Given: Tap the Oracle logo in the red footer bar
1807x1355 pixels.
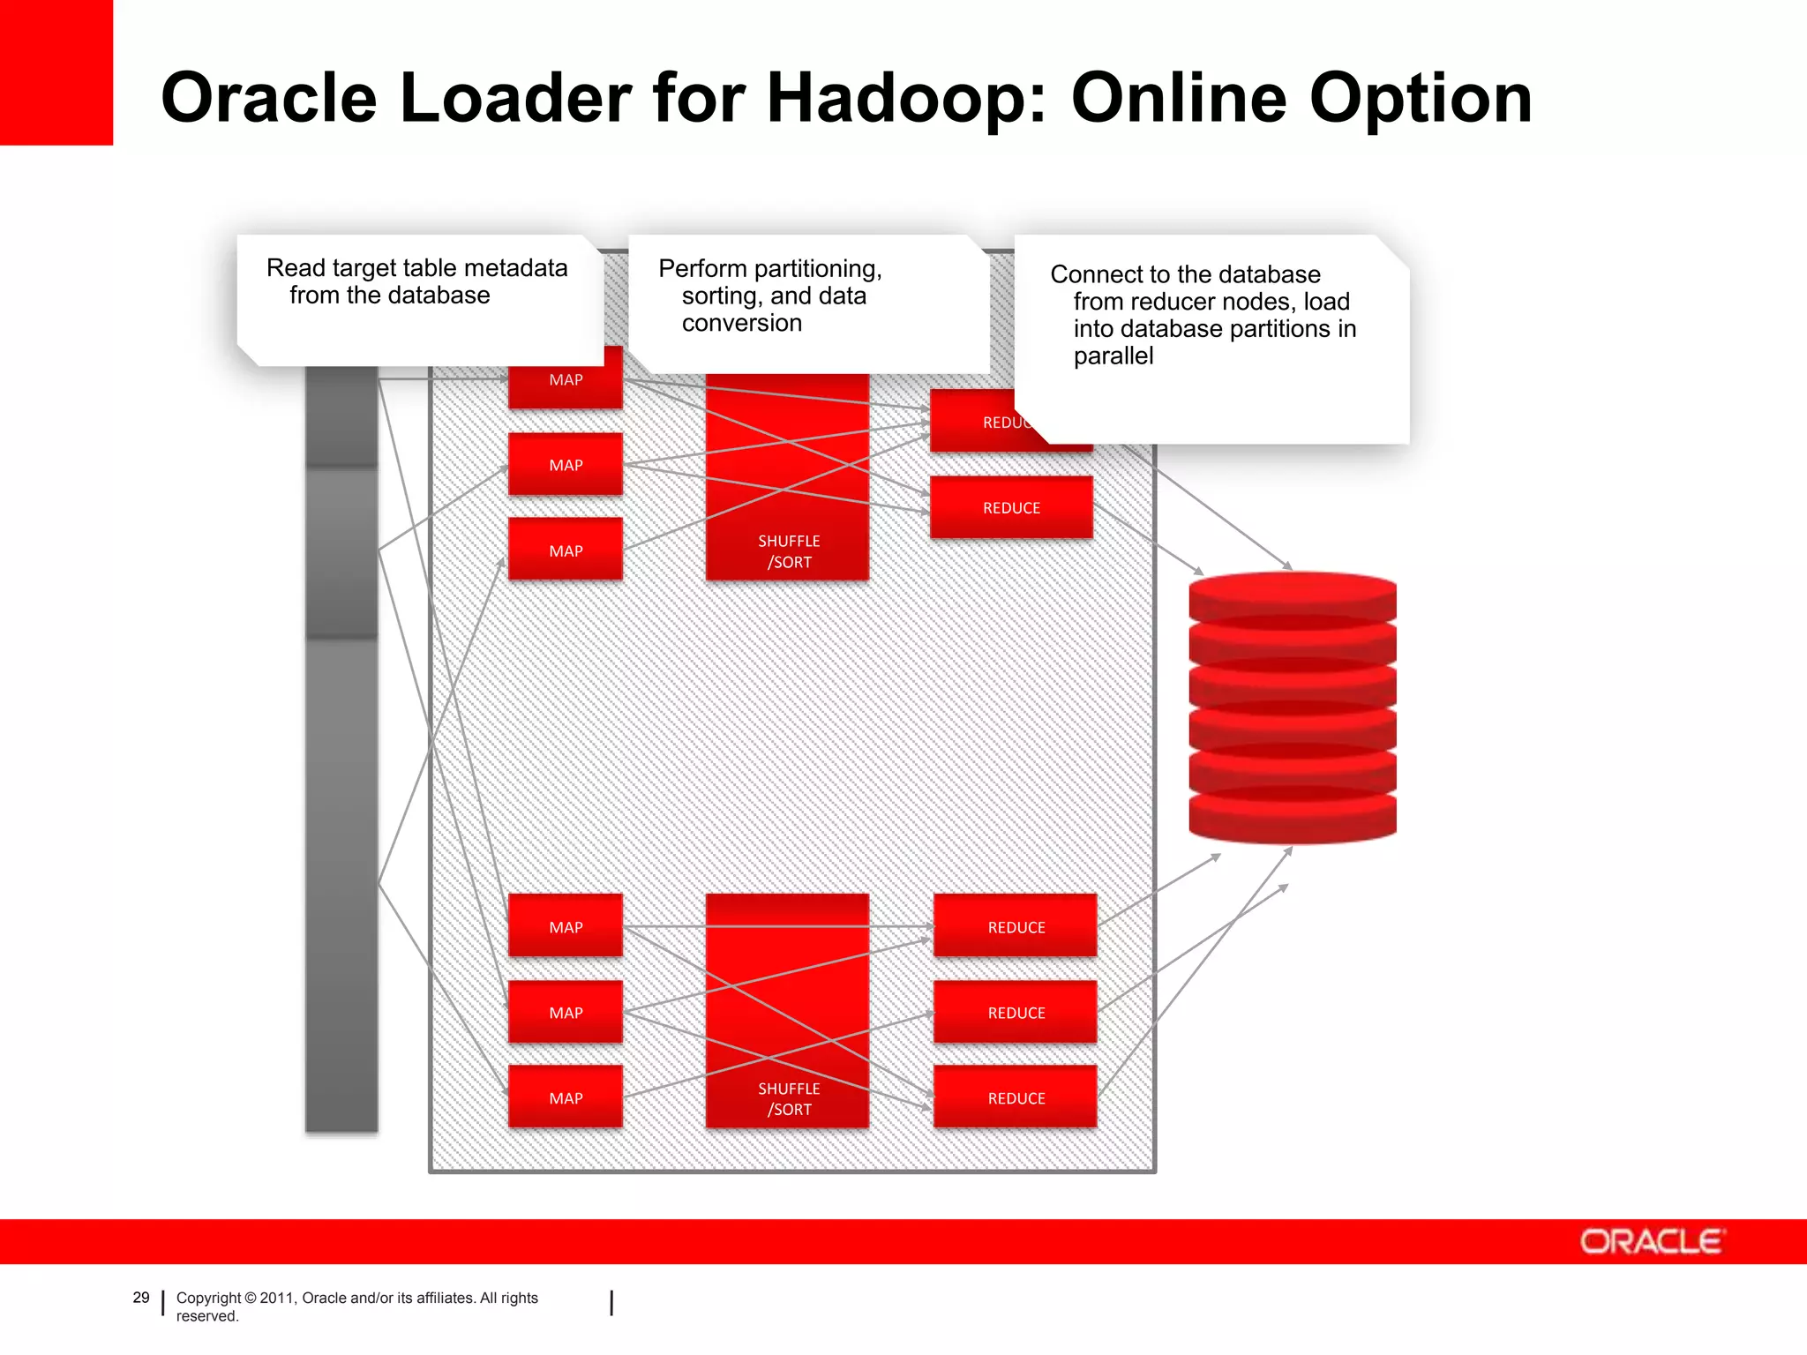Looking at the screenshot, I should tap(1650, 1241).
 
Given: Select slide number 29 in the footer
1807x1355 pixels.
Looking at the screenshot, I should tap(141, 1298).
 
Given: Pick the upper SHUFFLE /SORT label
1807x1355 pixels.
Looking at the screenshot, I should tap(788, 551).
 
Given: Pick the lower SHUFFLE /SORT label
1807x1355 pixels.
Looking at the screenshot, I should tap(788, 1099).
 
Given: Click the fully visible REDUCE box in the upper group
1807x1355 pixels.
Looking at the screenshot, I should tap(1011, 507).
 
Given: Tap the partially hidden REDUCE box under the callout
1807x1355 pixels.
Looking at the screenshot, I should tap(979, 423).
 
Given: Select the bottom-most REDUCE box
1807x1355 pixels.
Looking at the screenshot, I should tap(1016, 1097).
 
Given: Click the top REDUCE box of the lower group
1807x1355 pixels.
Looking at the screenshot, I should tap(1016, 926).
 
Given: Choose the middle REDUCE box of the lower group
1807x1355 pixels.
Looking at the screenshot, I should tap(1016, 1012).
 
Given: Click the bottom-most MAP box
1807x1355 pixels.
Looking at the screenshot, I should tap(566, 1097).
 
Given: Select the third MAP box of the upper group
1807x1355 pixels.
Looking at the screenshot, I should tap(566, 550).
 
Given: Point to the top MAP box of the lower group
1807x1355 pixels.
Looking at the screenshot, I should tap(566, 926).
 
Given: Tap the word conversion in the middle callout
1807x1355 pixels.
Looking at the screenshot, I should tap(741, 323).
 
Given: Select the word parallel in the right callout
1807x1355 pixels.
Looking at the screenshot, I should tap(1113, 356).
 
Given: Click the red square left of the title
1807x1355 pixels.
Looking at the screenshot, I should tap(56, 72).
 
